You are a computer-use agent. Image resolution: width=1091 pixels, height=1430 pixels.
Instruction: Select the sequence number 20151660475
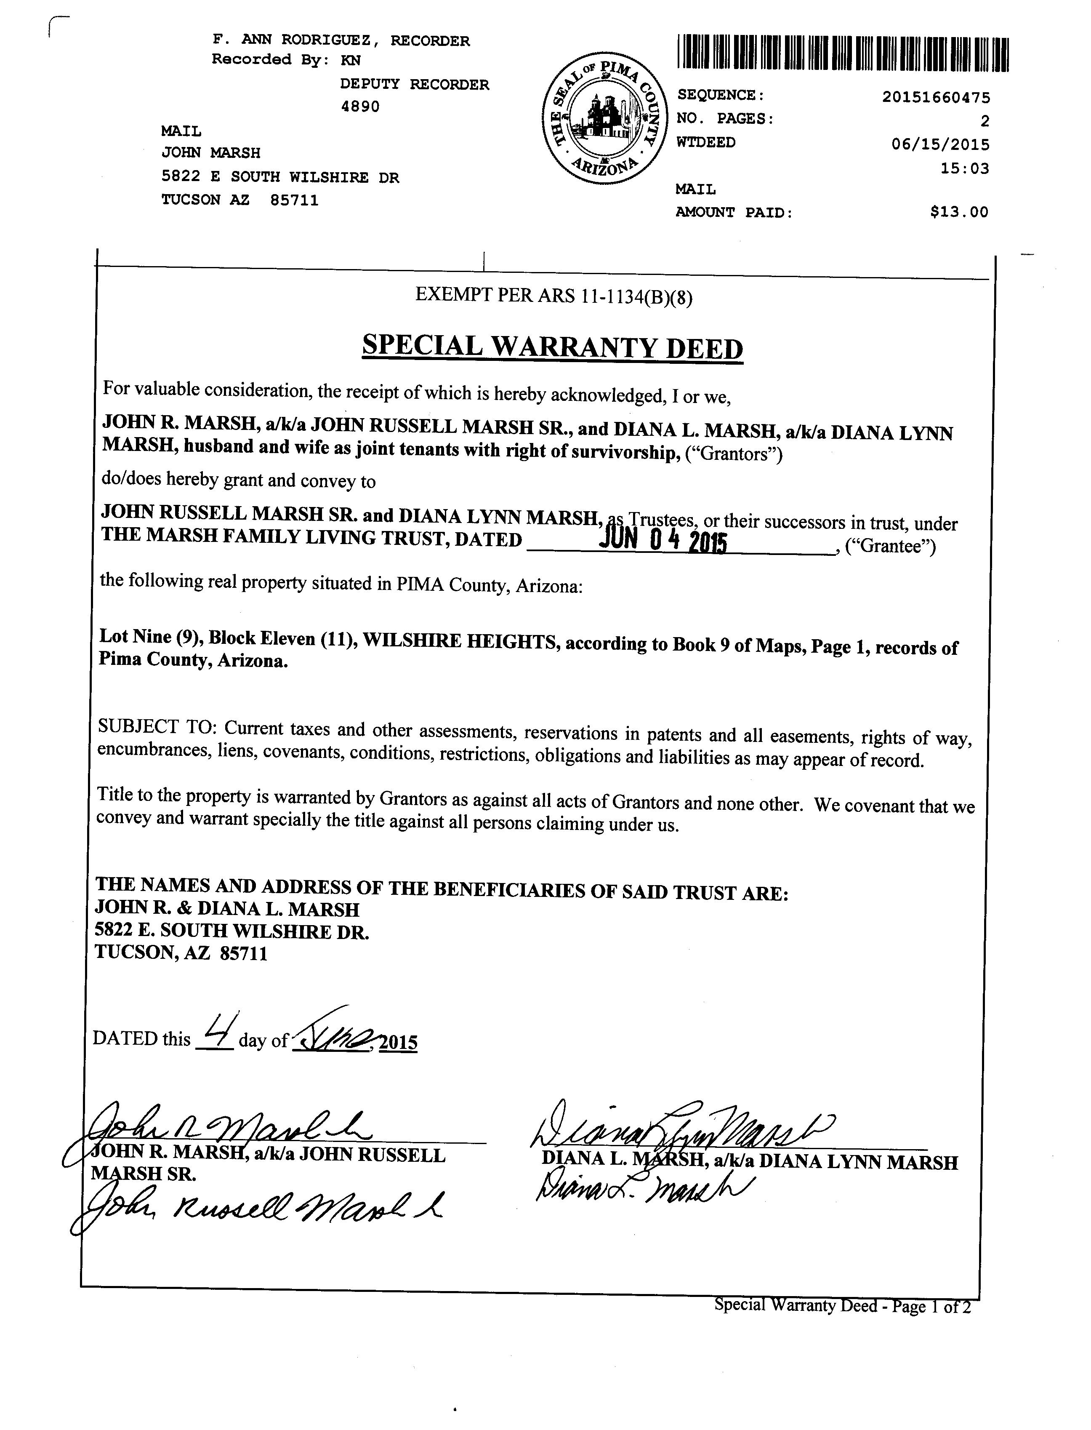pos(936,97)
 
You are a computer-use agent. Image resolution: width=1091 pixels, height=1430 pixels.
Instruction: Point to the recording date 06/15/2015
pos(940,144)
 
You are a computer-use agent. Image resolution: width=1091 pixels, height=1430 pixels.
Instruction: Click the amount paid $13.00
pos(959,212)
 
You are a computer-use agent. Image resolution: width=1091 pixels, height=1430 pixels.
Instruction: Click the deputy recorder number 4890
pos(360,107)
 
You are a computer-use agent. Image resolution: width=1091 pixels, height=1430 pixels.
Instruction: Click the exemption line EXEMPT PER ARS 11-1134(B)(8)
pos(554,296)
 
